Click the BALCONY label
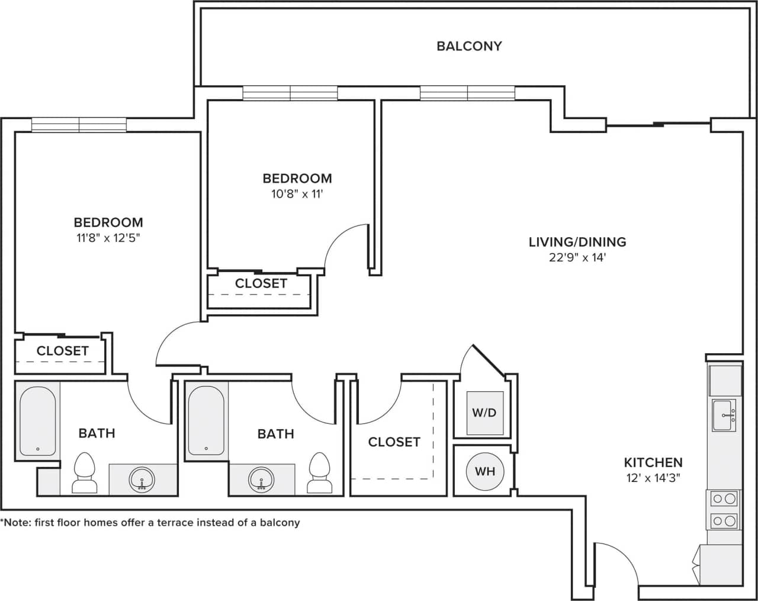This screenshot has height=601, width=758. (x=469, y=46)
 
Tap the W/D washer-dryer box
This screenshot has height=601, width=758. (x=484, y=413)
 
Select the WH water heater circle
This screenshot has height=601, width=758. (x=485, y=472)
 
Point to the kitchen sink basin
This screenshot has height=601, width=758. (x=724, y=415)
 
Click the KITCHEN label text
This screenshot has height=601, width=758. (x=653, y=462)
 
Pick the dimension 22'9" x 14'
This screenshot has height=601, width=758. (x=577, y=257)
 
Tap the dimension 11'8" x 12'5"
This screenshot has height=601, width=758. (x=108, y=238)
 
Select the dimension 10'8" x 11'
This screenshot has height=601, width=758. (x=297, y=194)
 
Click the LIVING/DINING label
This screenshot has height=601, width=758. (x=577, y=242)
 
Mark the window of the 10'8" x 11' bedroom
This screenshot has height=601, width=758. (x=290, y=93)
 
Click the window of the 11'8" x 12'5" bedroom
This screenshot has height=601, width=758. (x=79, y=124)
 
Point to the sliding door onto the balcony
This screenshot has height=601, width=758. (x=657, y=124)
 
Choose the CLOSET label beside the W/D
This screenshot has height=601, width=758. (x=394, y=442)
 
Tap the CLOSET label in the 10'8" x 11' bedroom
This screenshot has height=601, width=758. (x=261, y=283)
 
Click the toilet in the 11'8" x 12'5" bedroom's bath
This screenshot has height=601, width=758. (x=85, y=473)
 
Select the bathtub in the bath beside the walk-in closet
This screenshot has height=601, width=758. (x=206, y=420)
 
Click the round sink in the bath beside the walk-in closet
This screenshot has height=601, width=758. (x=261, y=478)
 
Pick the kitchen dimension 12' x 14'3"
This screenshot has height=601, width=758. (x=653, y=478)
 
